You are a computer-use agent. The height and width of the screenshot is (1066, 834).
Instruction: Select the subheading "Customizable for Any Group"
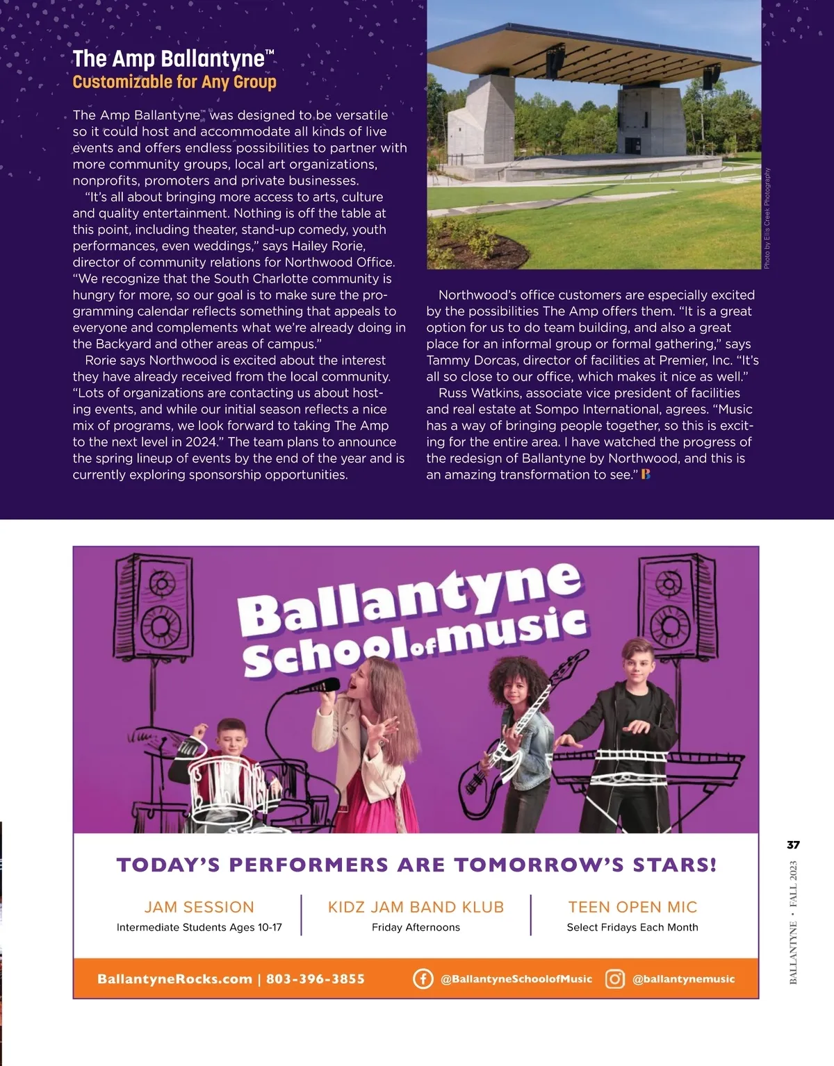click(174, 82)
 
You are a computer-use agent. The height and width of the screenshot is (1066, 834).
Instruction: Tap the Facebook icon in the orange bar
click(423, 978)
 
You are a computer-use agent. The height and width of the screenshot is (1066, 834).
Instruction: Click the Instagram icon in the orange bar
click(615, 978)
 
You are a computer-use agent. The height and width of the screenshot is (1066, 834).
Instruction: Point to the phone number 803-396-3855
click(316, 979)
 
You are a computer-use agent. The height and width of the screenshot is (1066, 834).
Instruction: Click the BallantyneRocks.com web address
click(174, 979)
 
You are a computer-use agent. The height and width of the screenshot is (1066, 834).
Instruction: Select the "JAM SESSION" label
click(199, 907)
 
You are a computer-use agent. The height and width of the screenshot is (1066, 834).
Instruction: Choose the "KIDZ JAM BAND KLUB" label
click(416, 907)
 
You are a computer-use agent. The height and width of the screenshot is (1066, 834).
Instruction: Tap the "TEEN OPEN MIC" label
click(632, 907)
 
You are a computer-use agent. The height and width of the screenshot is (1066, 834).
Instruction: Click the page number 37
click(793, 845)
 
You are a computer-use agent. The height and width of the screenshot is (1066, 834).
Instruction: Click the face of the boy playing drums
click(231, 740)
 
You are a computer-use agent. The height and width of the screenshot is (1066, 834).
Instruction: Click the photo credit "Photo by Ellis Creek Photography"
click(767, 219)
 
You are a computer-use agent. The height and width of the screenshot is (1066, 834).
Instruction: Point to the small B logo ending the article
click(646, 475)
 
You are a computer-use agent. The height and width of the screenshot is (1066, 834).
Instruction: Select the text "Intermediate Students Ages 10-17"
click(199, 927)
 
